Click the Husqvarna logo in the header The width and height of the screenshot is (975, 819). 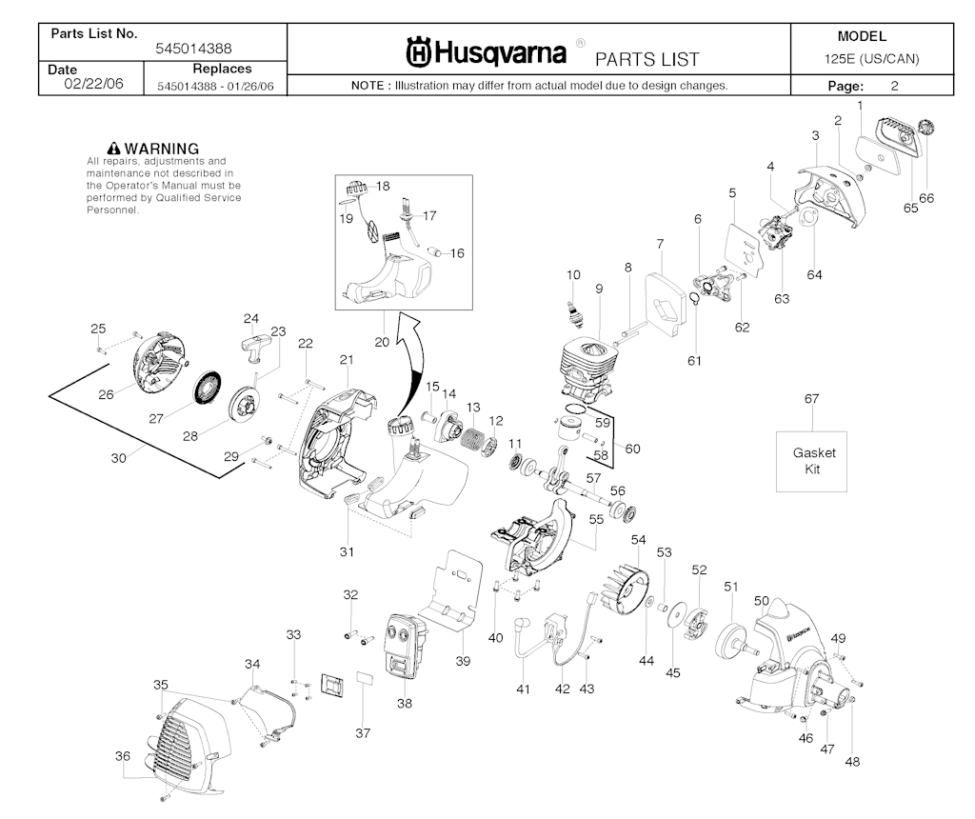487,53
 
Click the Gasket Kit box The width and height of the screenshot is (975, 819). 811,462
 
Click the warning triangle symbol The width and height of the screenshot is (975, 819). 113,149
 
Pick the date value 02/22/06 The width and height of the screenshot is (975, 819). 94,84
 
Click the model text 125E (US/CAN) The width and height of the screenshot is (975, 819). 871,59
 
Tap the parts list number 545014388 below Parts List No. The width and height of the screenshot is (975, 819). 193,49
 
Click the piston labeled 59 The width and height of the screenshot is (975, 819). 568,429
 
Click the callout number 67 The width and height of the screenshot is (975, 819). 811,399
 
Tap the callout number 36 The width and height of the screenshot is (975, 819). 123,755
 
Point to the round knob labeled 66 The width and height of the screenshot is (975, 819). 925,130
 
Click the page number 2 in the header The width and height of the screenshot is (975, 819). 894,86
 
